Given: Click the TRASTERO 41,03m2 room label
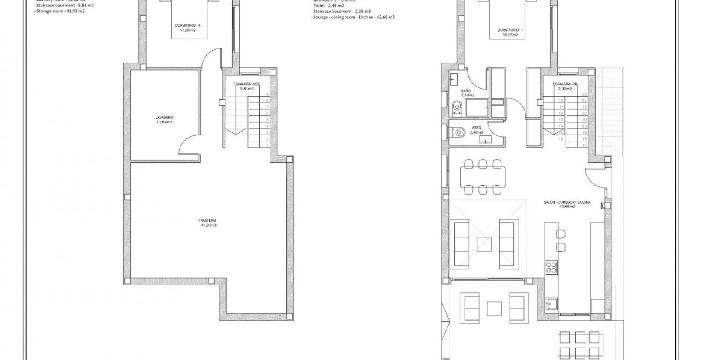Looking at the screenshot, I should click(207, 222).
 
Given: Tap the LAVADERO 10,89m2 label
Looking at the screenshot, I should click(164, 120).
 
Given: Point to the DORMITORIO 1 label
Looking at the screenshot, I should click(510, 33).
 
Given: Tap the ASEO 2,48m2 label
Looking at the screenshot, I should click(477, 130).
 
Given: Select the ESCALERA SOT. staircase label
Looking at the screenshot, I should click(246, 86).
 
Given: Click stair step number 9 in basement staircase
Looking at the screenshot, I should click(267, 94).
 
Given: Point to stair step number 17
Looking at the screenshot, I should click(584, 145).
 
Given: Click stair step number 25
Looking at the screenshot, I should click(584, 94).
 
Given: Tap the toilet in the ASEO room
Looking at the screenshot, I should click(458, 132).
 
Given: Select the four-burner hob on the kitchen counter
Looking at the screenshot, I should click(552, 267).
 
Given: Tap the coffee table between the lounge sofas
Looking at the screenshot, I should click(484, 245).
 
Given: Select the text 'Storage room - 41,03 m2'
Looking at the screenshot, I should click(60, 11).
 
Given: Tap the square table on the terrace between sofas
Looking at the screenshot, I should click(494, 309).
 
